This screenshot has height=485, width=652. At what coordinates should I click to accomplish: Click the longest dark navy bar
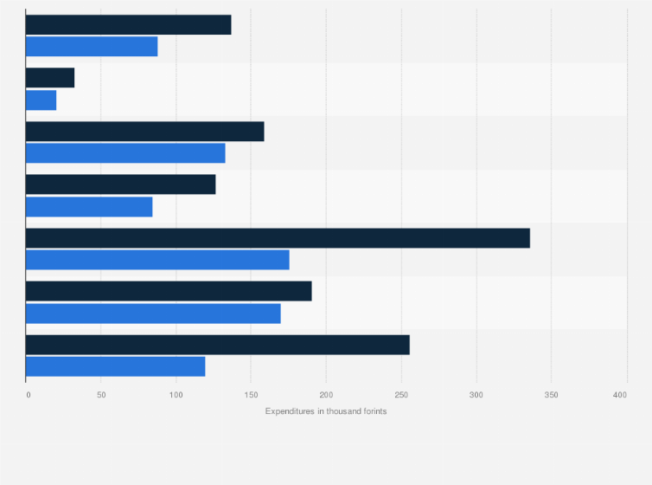(x=278, y=238)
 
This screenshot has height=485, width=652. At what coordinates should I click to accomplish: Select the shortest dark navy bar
(x=50, y=78)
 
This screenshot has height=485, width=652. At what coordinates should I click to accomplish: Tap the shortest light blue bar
(x=41, y=100)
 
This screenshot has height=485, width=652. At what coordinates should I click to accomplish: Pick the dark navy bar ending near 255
(x=217, y=345)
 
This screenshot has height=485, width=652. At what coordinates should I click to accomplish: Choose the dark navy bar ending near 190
(x=169, y=291)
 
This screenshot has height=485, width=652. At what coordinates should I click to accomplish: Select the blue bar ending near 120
(x=115, y=366)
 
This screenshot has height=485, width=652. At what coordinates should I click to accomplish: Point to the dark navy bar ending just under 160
(x=144, y=132)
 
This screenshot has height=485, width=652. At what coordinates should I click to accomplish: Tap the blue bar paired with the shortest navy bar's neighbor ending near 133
(x=125, y=153)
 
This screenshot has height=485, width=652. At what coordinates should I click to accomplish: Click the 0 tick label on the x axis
(x=28, y=395)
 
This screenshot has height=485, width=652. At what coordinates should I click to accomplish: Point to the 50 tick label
(x=101, y=395)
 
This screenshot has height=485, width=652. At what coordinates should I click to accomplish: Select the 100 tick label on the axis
(x=176, y=395)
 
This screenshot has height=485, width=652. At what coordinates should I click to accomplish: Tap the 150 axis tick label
(x=251, y=395)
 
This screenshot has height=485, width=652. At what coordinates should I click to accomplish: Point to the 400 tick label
(x=620, y=395)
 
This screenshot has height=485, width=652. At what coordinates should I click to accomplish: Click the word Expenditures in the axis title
(x=291, y=411)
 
